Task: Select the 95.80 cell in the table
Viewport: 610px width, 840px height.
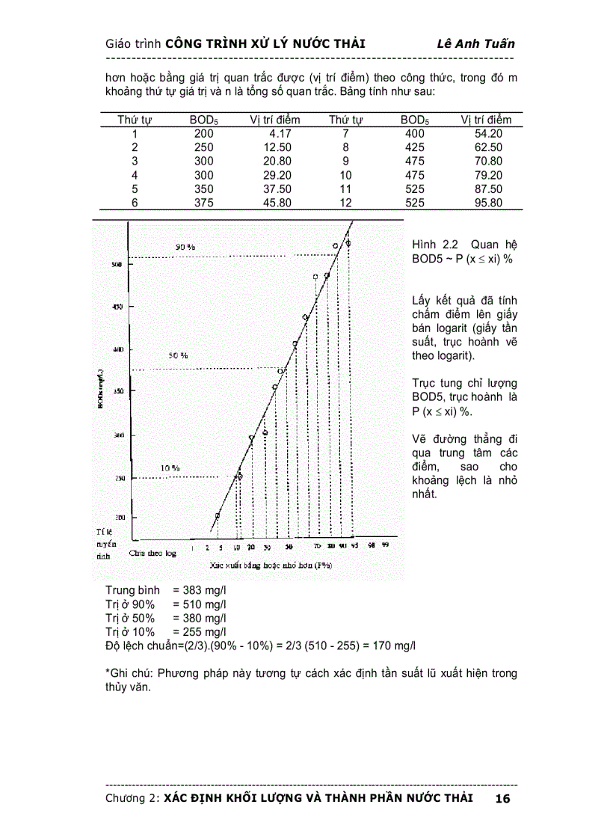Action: coord(487,203)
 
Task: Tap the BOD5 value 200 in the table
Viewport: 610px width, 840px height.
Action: coord(203,134)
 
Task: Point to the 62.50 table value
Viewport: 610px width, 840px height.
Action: coord(487,147)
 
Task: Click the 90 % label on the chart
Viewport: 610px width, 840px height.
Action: coord(185,247)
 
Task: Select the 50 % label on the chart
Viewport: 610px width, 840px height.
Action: coord(177,356)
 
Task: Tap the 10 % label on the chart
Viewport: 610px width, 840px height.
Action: coord(170,468)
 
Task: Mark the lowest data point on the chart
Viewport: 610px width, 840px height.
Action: coord(218,516)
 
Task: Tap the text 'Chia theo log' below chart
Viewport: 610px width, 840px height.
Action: coord(152,554)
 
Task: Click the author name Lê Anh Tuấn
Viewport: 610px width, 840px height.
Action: coord(475,43)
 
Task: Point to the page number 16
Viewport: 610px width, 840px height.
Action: coord(502,799)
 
